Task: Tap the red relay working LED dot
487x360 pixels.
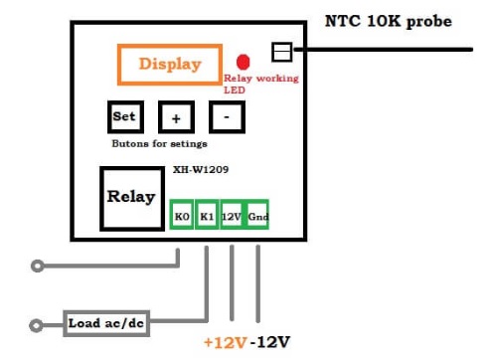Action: pos(243,62)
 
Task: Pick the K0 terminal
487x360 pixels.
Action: pos(182,215)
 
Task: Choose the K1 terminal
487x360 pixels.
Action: pos(207,215)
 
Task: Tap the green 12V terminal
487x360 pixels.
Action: pos(232,215)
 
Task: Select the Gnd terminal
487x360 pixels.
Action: pos(257,215)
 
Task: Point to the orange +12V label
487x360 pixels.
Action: pos(226,342)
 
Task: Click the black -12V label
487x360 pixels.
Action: pos(270,342)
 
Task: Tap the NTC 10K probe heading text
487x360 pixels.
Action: pos(389,22)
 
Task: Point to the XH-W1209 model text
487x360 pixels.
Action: pos(201,170)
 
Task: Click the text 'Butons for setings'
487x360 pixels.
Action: pos(160,143)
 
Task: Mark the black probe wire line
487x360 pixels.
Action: pos(383,50)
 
